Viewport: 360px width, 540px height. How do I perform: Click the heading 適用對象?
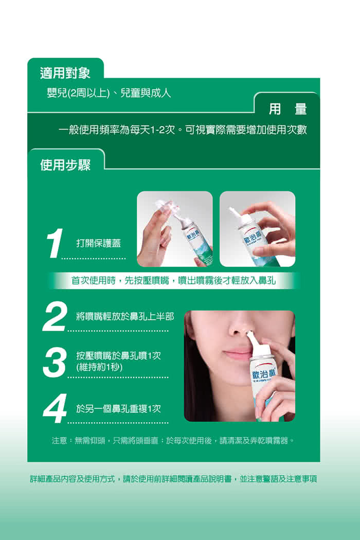click(x=65, y=73)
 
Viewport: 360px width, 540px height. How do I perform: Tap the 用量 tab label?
click(x=287, y=109)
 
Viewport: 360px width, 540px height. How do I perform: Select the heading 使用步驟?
click(x=65, y=165)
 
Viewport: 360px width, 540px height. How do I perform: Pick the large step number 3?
click(x=55, y=363)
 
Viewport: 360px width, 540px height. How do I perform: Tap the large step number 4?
click(x=55, y=408)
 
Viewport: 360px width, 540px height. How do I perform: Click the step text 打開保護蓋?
click(x=99, y=243)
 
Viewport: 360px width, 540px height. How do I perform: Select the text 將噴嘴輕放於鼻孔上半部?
click(x=125, y=316)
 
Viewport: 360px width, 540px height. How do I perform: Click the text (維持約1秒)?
click(x=99, y=367)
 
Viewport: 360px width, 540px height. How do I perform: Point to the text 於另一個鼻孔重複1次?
click(x=118, y=408)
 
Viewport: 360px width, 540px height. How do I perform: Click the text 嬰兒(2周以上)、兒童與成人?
click(x=109, y=93)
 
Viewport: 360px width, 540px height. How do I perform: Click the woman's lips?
click(x=238, y=355)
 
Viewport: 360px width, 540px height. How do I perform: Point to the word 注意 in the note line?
click(x=59, y=440)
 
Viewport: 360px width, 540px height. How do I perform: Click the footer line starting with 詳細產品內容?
click(x=173, y=479)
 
